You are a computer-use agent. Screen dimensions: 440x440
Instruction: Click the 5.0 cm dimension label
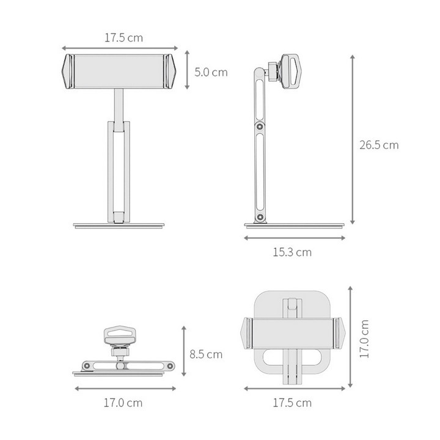211,72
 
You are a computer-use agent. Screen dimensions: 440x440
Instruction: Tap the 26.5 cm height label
379,145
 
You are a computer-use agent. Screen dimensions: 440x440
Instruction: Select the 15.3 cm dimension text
292,252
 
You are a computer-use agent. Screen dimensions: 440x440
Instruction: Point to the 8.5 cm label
206,354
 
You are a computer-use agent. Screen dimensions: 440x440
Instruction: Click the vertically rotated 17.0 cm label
364,339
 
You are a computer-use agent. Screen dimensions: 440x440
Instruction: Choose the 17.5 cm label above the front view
123,38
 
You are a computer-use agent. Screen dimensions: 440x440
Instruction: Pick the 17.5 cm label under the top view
292,403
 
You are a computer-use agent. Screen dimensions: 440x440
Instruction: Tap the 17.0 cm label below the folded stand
123,403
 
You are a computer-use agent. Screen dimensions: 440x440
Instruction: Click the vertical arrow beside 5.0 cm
187,70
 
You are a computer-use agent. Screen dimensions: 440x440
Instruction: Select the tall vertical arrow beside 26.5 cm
353,139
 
